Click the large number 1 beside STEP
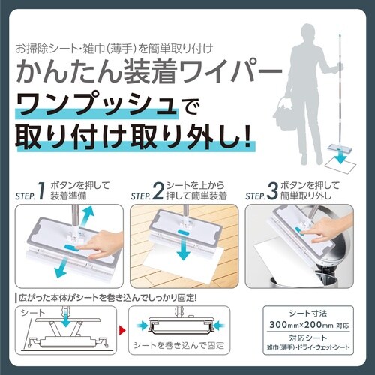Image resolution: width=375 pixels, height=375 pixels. (x=41, y=191)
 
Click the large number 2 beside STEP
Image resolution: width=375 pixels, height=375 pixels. (x=157, y=191)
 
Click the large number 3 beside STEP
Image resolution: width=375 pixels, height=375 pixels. (x=272, y=191)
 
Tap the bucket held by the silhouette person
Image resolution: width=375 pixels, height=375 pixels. (x=283, y=114)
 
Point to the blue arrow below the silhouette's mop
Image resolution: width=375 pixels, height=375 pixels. (x=340, y=156)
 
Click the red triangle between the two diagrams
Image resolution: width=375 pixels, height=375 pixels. (x=122, y=330)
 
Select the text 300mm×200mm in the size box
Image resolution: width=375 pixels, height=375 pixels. (x=301, y=325)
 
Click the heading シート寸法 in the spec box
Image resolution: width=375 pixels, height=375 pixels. (x=308, y=313)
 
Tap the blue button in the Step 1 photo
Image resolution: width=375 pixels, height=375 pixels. (x=72, y=247)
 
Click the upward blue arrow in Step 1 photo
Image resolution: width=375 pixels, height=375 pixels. (x=87, y=217)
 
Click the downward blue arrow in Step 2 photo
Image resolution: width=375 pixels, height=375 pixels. (x=184, y=249)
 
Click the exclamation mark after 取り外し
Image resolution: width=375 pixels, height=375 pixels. (x=247, y=137)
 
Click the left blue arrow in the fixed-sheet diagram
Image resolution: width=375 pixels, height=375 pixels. (x=142, y=325)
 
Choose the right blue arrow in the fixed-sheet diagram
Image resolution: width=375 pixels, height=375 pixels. (x=219, y=325)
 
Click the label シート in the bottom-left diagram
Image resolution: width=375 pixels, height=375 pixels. (x=32, y=313)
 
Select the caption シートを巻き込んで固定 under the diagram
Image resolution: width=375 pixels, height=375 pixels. (x=179, y=345)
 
